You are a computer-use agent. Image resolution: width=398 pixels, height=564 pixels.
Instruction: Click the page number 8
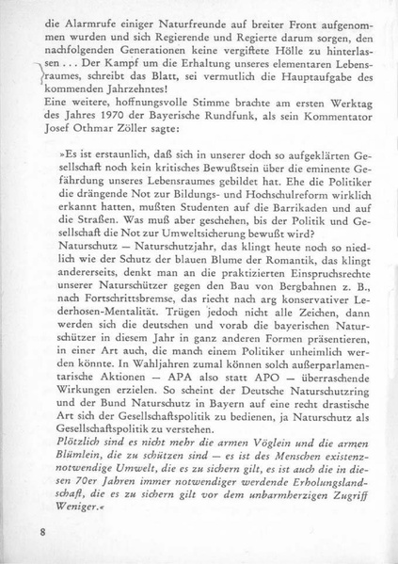coord(44,532)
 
